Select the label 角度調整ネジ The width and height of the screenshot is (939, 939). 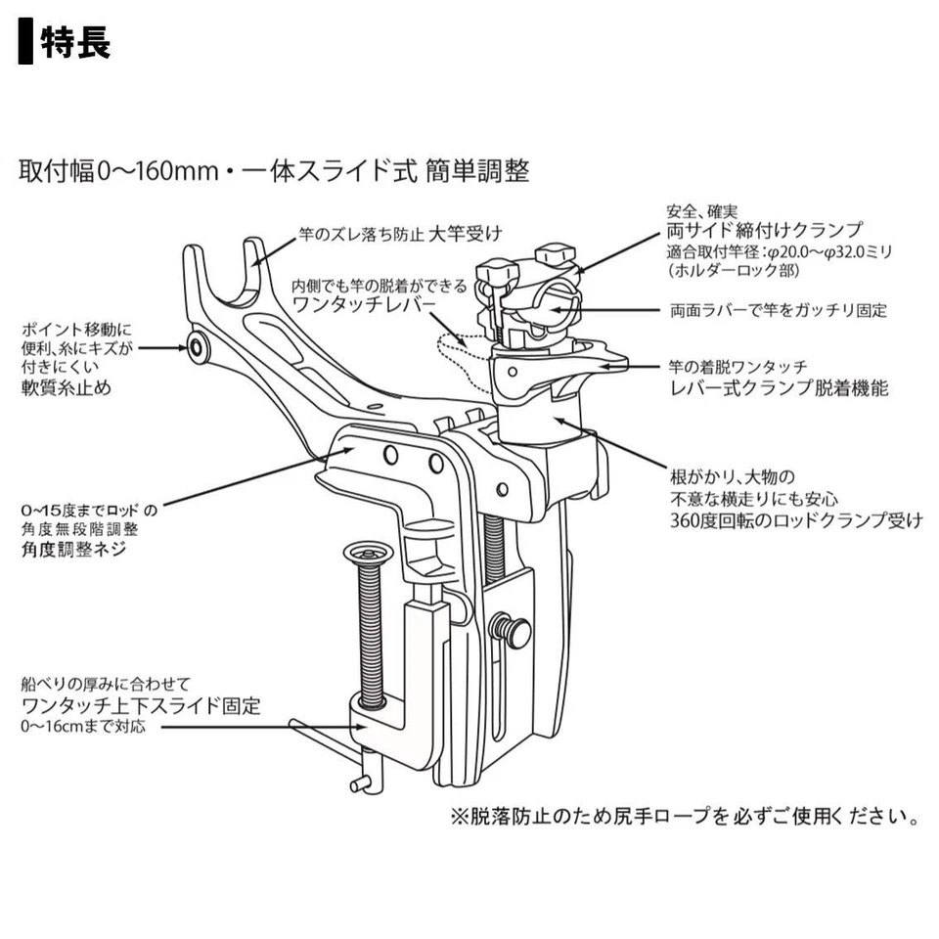[x=75, y=550]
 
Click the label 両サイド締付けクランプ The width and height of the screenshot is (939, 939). [x=763, y=231]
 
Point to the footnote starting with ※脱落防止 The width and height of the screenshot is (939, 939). [x=684, y=815]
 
